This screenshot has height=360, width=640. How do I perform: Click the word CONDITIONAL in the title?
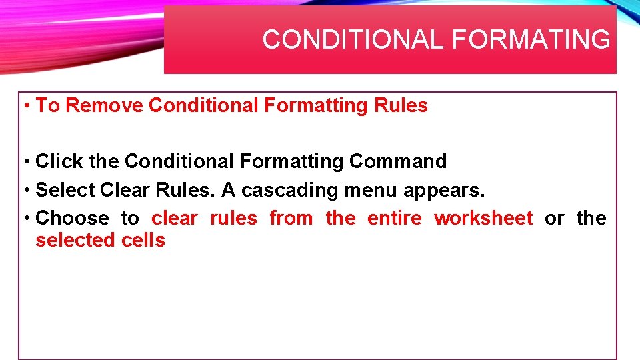click(x=353, y=40)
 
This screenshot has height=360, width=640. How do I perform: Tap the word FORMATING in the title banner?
click(x=531, y=40)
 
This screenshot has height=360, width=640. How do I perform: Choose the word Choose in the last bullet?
click(x=72, y=218)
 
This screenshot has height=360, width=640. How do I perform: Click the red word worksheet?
click(x=483, y=218)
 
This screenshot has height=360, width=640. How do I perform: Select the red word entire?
click(x=395, y=218)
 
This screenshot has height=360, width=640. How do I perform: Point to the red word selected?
click(x=75, y=240)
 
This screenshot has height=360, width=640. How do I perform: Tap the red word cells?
click(x=143, y=240)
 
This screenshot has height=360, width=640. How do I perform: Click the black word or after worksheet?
click(x=554, y=218)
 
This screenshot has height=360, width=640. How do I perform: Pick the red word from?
click(x=291, y=218)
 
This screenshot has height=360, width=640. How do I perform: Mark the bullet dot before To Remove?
click(x=25, y=106)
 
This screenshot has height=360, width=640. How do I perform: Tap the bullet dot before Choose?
click(x=25, y=219)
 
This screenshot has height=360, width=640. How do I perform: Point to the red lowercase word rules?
click(x=233, y=218)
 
